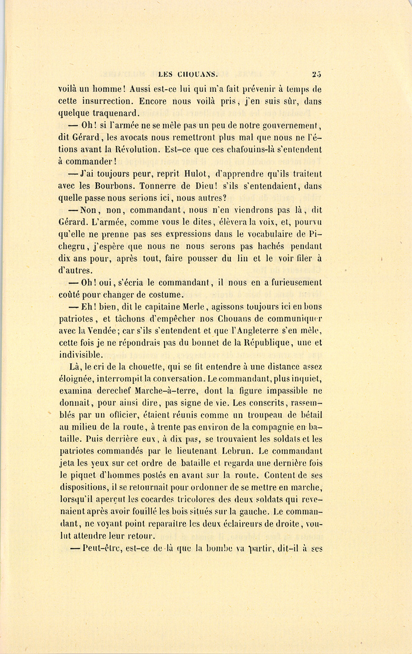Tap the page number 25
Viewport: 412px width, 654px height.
316,73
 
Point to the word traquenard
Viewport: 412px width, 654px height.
110,113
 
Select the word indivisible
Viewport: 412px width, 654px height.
81,355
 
